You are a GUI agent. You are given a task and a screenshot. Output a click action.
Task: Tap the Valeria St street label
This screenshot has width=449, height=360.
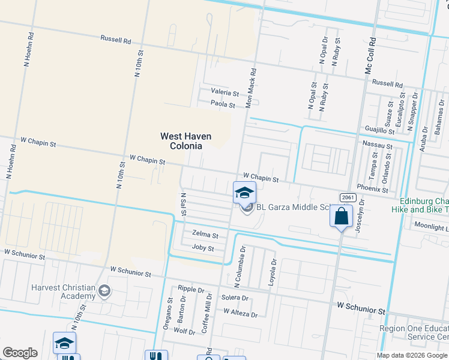click(x=224, y=93)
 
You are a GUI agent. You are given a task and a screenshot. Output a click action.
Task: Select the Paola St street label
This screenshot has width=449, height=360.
click(x=223, y=104)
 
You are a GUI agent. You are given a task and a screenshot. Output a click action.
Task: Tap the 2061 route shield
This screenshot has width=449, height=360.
click(x=347, y=197)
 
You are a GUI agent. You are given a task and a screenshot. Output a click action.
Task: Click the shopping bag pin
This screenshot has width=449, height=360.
click(x=341, y=217)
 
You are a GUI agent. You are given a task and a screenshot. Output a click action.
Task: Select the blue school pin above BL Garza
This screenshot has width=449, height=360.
click(x=244, y=193)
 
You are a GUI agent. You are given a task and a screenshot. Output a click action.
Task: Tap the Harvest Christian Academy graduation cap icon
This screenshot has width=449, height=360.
click(x=104, y=291)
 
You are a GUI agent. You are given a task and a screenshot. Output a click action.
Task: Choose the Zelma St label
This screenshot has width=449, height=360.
click(x=205, y=234)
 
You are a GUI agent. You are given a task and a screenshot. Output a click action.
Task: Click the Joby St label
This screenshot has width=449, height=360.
click(x=203, y=248)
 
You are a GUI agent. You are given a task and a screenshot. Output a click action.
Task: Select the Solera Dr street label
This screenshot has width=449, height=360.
click(x=235, y=298)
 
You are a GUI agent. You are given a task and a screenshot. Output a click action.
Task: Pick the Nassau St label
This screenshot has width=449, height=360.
click(x=378, y=146)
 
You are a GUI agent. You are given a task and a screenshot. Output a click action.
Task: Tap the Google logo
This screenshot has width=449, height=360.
click(x=20, y=353)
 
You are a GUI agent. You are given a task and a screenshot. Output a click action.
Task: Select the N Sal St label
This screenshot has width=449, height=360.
click(x=183, y=206)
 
